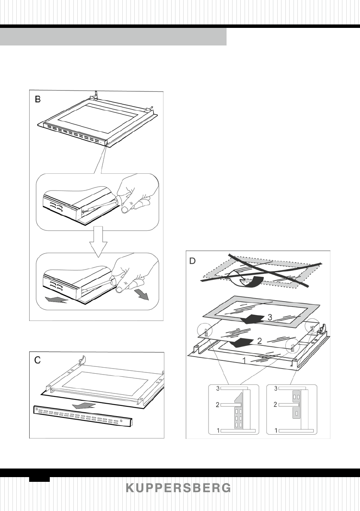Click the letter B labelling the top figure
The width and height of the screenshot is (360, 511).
click(x=38, y=99)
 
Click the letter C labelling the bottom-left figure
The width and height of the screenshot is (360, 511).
click(x=38, y=360)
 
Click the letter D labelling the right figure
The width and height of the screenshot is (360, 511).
click(x=193, y=261)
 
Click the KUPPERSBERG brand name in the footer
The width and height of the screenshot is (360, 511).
click(x=178, y=488)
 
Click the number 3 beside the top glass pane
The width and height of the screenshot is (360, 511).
click(x=270, y=317)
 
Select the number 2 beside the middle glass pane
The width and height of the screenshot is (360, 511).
click(x=260, y=341)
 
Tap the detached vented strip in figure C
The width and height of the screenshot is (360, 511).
click(x=84, y=417)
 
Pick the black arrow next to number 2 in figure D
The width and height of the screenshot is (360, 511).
click(x=242, y=343)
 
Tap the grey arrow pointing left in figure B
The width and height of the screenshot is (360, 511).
click(x=57, y=299)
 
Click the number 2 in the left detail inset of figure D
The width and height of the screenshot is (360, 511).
click(x=217, y=405)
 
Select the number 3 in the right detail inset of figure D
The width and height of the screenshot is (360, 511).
click(x=276, y=388)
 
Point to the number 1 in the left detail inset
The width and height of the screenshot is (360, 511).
click(x=218, y=430)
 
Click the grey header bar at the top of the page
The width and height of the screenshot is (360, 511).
click(x=113, y=36)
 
